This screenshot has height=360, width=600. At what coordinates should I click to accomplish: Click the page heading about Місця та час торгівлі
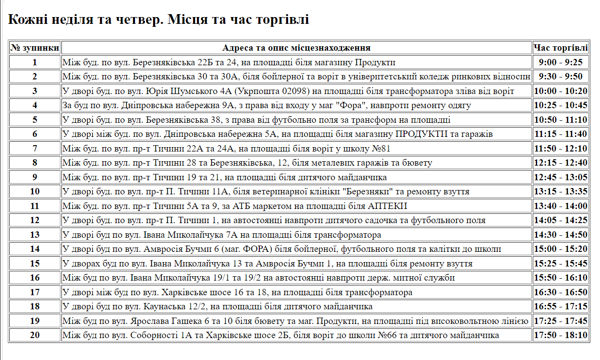[x=158, y=20]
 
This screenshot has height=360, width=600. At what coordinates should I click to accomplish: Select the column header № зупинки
[x=35, y=48]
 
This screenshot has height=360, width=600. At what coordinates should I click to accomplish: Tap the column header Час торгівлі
[x=561, y=48]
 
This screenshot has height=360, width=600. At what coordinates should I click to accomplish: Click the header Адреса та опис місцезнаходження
[x=296, y=48]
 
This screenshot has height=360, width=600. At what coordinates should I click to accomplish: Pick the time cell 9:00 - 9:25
[x=561, y=62]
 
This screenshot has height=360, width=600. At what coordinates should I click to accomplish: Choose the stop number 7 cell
[x=35, y=149]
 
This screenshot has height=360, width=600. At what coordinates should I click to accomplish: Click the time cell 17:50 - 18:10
[x=561, y=335]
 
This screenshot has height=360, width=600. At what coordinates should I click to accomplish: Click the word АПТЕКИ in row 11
[x=385, y=206]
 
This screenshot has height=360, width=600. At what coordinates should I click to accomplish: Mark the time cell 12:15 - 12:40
[x=561, y=163]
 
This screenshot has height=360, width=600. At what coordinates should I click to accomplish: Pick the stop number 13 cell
[x=35, y=235]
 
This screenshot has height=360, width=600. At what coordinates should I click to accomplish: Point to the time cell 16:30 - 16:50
[x=561, y=292]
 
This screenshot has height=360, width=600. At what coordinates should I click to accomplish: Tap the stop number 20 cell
[x=35, y=335]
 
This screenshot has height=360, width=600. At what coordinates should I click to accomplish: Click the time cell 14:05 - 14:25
[x=561, y=220]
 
